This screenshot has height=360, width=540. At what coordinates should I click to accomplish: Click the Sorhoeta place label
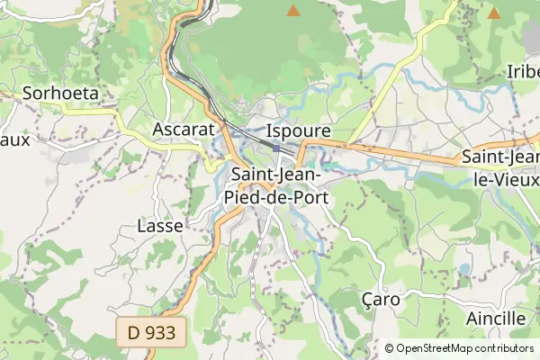[60, 93]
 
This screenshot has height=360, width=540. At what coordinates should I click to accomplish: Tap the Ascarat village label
[184, 129]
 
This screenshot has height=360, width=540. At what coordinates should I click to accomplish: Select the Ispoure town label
[299, 130]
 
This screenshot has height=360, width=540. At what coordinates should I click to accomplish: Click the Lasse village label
[160, 226]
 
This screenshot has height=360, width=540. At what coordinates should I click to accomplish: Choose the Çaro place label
[379, 298]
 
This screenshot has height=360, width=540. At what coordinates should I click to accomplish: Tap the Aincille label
[495, 319]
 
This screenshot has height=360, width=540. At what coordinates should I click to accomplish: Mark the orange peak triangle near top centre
[292, 11]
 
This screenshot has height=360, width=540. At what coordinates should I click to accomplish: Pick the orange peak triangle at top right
[493, 13]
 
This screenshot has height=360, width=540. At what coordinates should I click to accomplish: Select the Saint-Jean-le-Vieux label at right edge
[500, 166]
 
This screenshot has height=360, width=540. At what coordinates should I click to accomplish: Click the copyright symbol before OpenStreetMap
[390, 348]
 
